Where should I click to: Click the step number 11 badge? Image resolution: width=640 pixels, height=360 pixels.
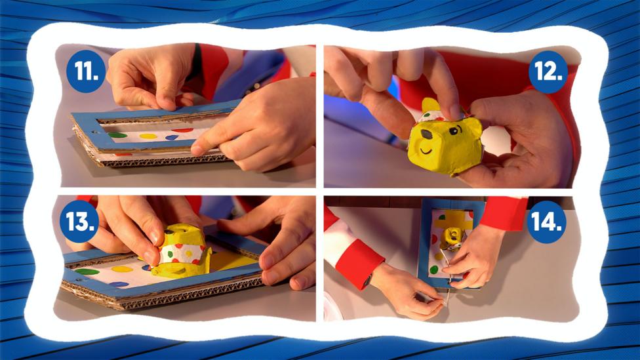point(86,71)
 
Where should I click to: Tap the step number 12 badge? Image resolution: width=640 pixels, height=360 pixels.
point(548,72)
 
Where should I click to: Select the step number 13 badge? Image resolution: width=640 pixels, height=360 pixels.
point(79,222)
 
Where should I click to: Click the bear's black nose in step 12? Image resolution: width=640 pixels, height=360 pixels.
point(426,134)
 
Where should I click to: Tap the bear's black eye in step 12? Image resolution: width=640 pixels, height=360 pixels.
point(454,131)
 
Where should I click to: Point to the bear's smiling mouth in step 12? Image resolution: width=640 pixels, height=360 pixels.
point(426,151)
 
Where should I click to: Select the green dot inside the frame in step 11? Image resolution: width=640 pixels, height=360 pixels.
point(117,134)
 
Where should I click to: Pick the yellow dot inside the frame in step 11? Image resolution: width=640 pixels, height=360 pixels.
point(148,136)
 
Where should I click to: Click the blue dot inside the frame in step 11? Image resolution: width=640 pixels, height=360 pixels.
point(171,138)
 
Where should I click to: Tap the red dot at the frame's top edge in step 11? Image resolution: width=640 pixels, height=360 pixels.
point(182,130)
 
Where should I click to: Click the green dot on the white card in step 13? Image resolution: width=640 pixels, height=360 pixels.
point(87,271)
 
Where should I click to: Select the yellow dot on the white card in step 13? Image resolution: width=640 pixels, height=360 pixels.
point(122,269)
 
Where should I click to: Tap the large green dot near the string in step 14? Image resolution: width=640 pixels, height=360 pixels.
point(434,270)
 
